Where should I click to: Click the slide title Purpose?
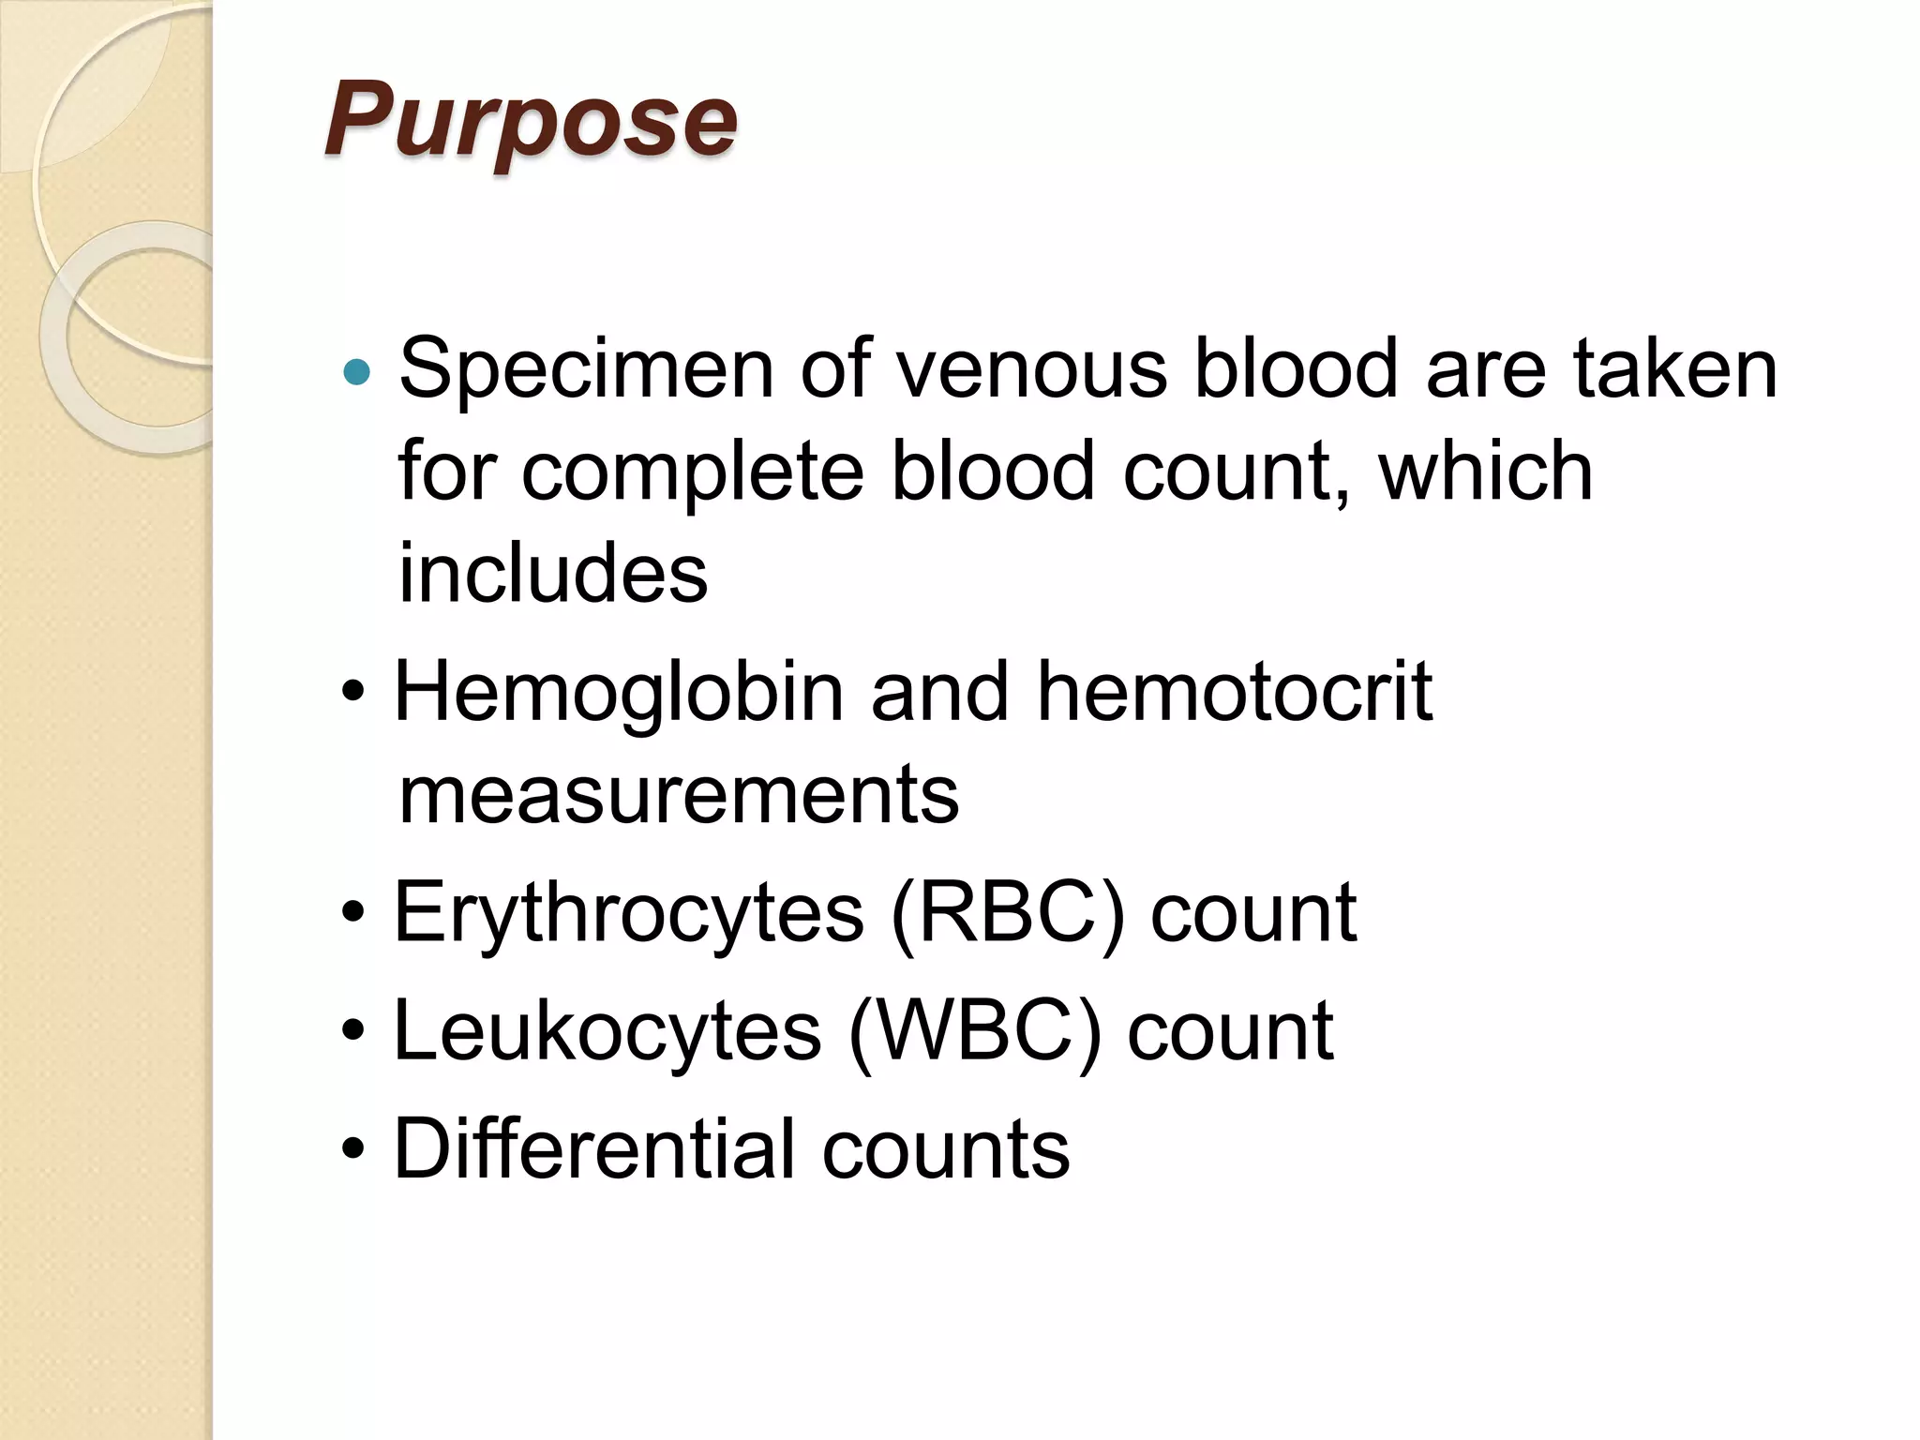(531, 122)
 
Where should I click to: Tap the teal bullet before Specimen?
(357, 373)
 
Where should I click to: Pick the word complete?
(692, 472)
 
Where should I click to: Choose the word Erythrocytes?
(628, 914)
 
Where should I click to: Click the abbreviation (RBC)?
(1007, 914)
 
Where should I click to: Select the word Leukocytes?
(607, 1032)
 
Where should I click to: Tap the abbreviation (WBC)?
(974, 1032)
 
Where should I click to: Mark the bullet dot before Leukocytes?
(353, 1032)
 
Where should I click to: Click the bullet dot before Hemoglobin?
(353, 694)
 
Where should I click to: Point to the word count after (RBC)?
(1253, 914)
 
